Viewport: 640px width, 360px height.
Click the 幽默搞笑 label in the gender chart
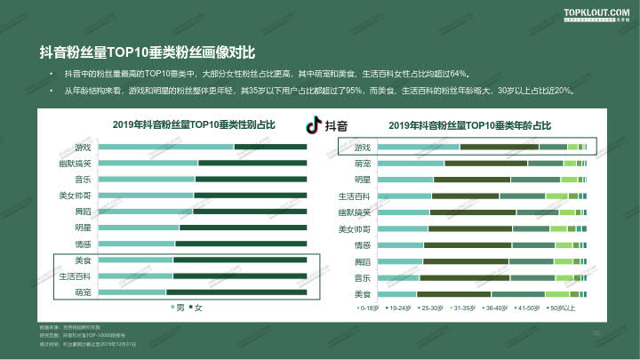point(75,163)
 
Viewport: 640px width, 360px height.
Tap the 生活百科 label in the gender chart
point(75,276)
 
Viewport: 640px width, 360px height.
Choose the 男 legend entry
point(178,308)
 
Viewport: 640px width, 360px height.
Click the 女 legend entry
point(196,308)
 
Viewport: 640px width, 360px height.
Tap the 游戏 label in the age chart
point(363,147)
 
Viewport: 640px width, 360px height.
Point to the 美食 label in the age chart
point(363,293)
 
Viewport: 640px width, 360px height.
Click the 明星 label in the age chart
point(363,180)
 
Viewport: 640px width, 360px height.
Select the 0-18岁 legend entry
point(366,308)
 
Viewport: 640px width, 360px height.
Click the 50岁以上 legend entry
point(561,308)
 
